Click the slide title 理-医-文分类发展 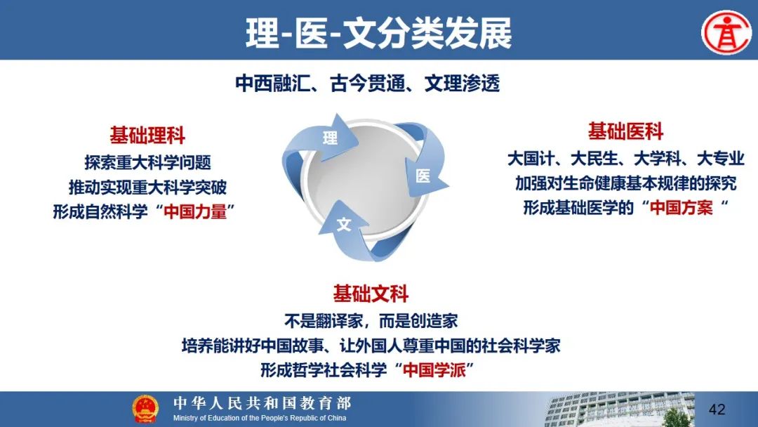[x=378, y=33]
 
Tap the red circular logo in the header [x=726, y=32]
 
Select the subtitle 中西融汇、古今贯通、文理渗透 [x=367, y=84]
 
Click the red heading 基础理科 [x=147, y=135]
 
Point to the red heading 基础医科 [x=625, y=131]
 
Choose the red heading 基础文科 [x=371, y=294]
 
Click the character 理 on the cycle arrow [x=330, y=138]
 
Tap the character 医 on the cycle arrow [x=423, y=176]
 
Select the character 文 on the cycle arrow [x=344, y=224]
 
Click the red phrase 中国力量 [x=195, y=212]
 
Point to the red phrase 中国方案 [x=681, y=207]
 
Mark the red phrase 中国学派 [x=434, y=370]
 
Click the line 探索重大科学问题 [x=148, y=162]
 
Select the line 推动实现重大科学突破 [x=147, y=187]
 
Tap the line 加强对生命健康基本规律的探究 [x=625, y=183]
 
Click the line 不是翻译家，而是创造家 [x=371, y=321]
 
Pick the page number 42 [x=717, y=409]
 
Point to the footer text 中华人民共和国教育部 [x=262, y=403]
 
